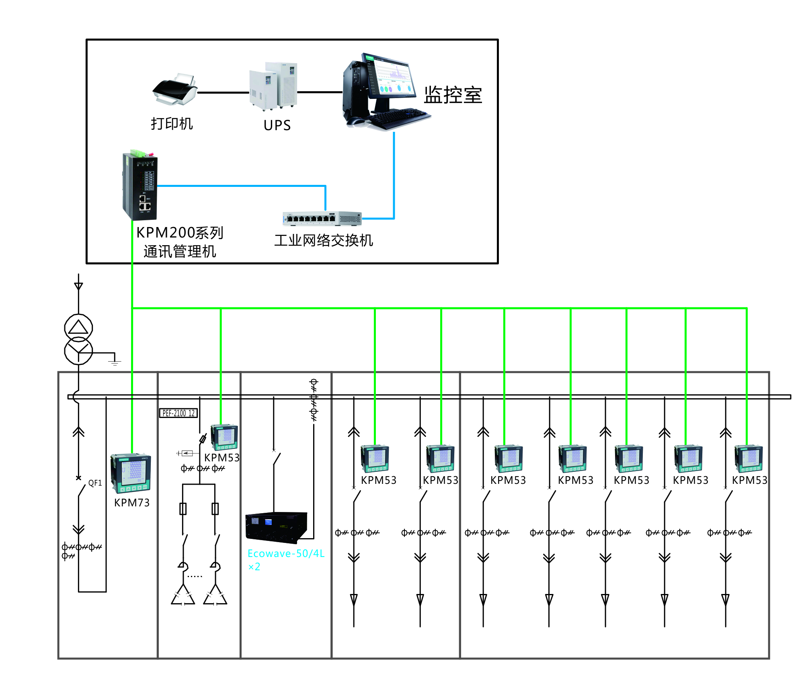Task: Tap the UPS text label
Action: click(277, 125)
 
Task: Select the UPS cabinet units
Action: click(273, 86)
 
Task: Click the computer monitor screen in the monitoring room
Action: click(392, 77)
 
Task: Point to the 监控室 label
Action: click(453, 95)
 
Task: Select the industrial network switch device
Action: click(322, 218)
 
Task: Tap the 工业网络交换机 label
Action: click(324, 240)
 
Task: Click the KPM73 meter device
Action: click(131, 473)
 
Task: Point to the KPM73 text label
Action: click(132, 503)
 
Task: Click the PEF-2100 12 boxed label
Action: click(178, 413)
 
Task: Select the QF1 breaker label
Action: click(95, 483)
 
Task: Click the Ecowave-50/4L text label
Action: click(286, 553)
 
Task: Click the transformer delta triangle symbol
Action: click(78, 327)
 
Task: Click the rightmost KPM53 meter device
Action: click(749, 458)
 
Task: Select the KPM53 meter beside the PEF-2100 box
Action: click(224, 437)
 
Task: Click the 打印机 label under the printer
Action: click(172, 123)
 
